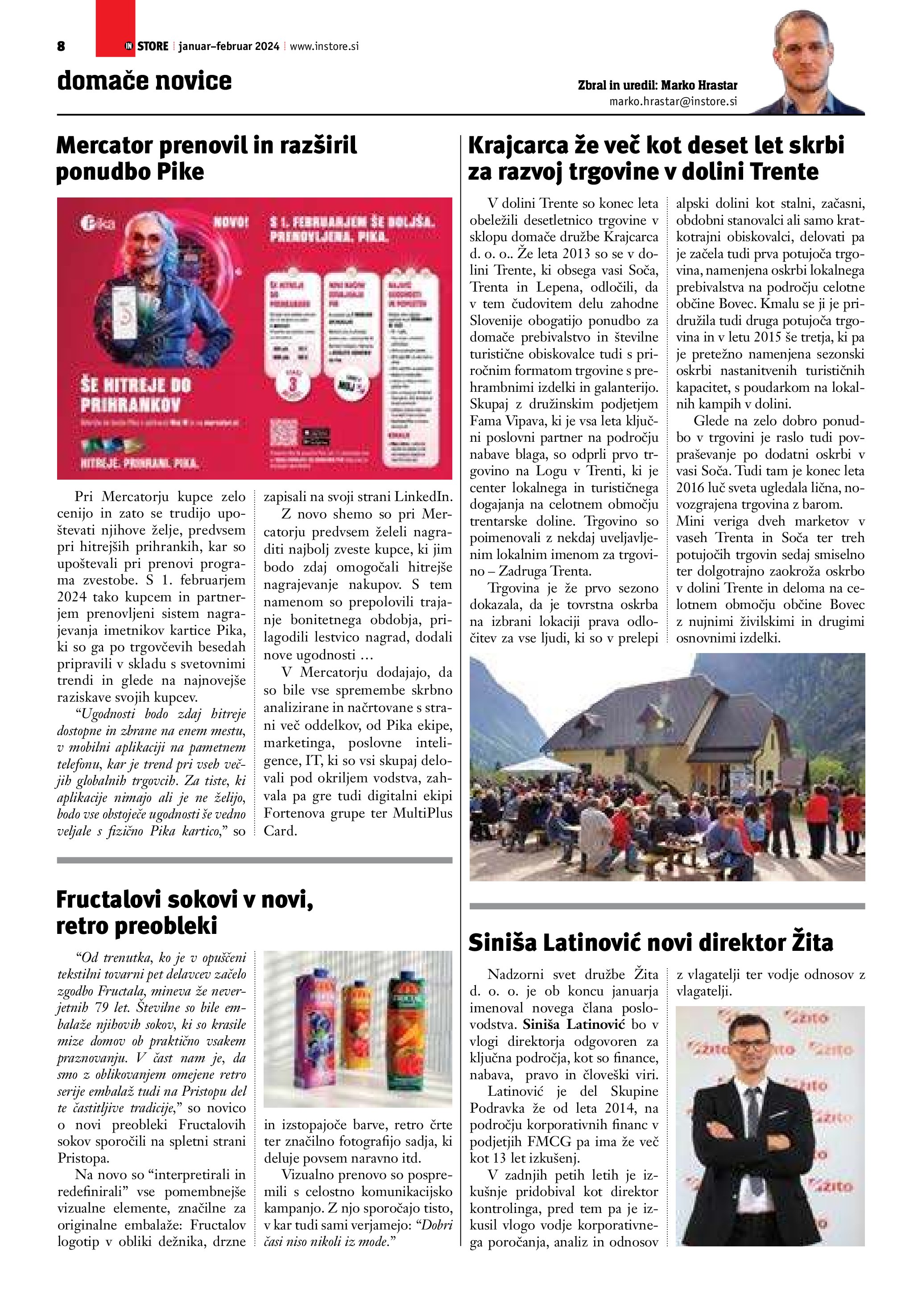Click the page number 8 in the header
pyautogui.click(x=61, y=46)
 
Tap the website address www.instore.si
pyautogui.click(x=324, y=46)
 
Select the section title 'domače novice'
pyautogui.click(x=144, y=81)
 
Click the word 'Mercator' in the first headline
pyautogui.click(x=104, y=146)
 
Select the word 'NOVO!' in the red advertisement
pyautogui.click(x=231, y=222)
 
